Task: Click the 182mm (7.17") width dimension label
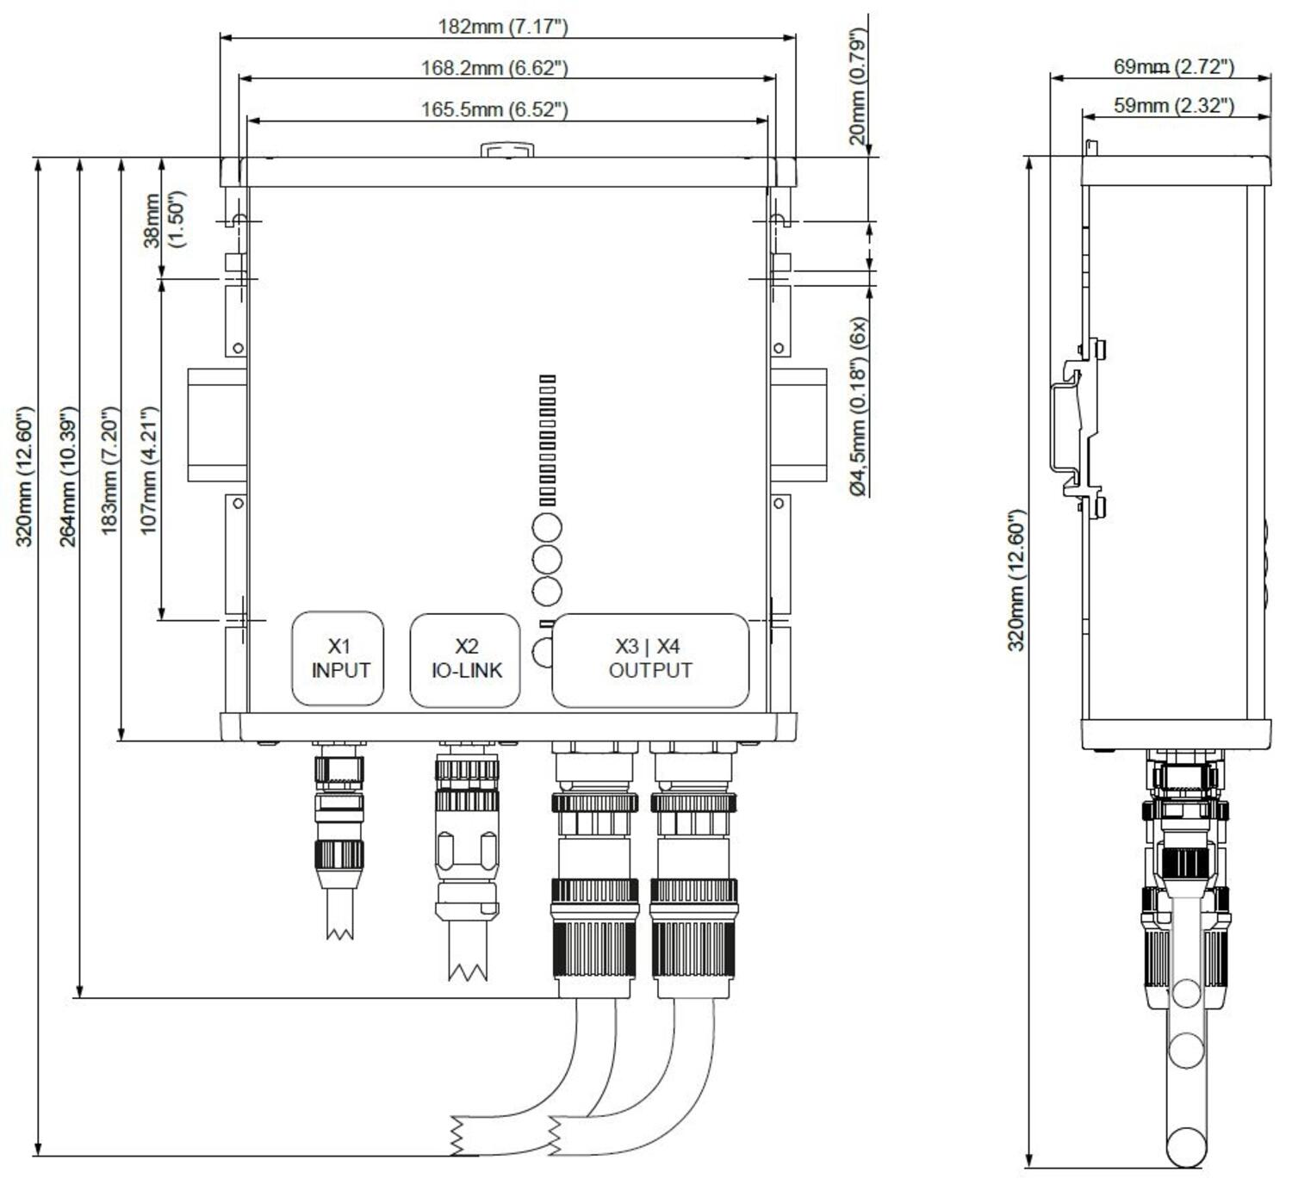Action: coord(503,26)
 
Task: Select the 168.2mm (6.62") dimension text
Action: coord(494,67)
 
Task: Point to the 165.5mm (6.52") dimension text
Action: coord(494,109)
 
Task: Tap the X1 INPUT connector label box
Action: coord(339,659)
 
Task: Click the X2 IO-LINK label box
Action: coord(466,659)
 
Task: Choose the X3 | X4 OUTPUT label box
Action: coord(650,659)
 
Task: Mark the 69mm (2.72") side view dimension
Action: coord(1173,66)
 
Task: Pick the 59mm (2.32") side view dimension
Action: coord(1173,105)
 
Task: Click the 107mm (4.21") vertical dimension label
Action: coord(148,470)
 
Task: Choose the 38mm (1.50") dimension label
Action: coord(164,220)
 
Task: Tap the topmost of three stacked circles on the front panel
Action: coord(547,526)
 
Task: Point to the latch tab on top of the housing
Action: coord(506,151)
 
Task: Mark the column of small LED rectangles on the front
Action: coord(547,440)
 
